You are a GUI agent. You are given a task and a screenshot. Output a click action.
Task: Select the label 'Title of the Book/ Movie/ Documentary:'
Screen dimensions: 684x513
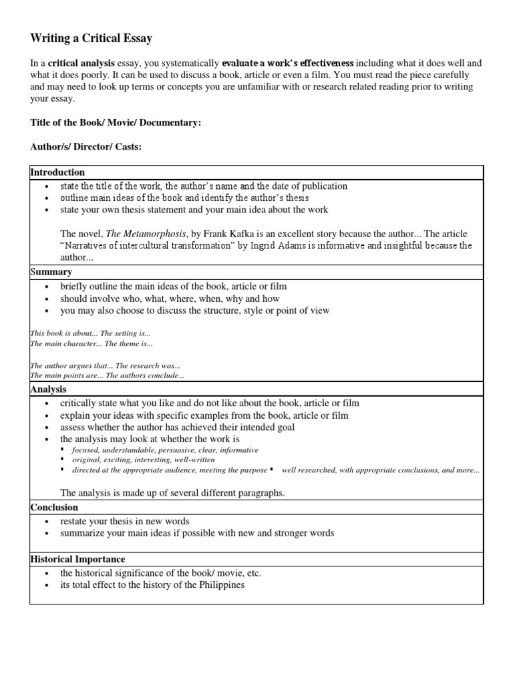click(x=116, y=124)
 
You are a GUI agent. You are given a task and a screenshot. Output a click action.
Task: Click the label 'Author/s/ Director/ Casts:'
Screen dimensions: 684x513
click(x=86, y=147)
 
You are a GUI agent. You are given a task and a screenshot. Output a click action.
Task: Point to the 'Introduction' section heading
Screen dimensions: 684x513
click(x=57, y=172)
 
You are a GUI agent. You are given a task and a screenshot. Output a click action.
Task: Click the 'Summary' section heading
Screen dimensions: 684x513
click(x=51, y=273)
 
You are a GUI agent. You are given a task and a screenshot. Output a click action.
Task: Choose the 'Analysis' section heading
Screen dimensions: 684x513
click(x=49, y=389)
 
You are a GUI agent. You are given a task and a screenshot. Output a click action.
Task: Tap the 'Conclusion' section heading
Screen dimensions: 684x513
click(x=54, y=508)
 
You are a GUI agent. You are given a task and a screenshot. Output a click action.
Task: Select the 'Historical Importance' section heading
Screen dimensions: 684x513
click(x=77, y=559)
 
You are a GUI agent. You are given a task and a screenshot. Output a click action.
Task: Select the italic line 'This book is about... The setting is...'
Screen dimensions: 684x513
click(x=91, y=333)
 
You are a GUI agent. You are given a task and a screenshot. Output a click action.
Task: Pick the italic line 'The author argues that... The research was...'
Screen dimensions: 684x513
click(x=105, y=366)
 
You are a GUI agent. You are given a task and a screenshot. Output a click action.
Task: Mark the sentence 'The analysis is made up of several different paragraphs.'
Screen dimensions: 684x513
click(x=172, y=493)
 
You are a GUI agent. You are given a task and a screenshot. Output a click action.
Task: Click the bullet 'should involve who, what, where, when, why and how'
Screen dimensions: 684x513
click(x=170, y=299)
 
